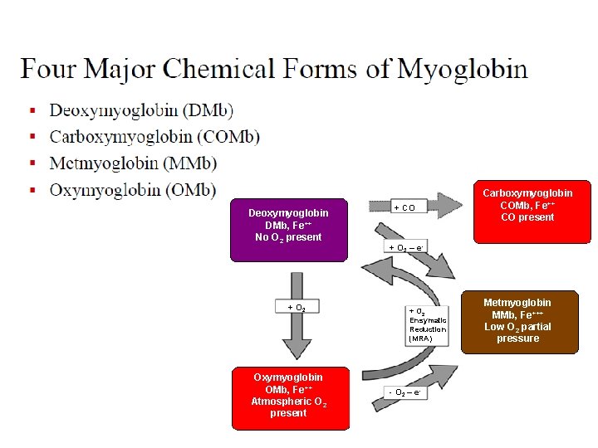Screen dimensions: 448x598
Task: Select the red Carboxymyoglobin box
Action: point(527,212)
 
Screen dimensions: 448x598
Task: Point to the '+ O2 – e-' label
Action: point(406,247)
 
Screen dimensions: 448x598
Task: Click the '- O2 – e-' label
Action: point(406,392)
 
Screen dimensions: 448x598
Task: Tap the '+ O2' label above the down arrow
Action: point(297,308)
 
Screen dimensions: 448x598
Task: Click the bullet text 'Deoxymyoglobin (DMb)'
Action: point(141,110)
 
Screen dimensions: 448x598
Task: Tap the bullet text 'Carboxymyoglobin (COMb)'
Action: point(154,137)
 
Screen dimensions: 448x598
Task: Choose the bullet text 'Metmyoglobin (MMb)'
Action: point(133,163)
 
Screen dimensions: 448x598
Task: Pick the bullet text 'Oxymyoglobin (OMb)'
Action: point(133,190)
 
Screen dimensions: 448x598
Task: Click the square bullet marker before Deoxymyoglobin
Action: point(32,111)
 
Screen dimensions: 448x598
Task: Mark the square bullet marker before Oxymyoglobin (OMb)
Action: point(32,191)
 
